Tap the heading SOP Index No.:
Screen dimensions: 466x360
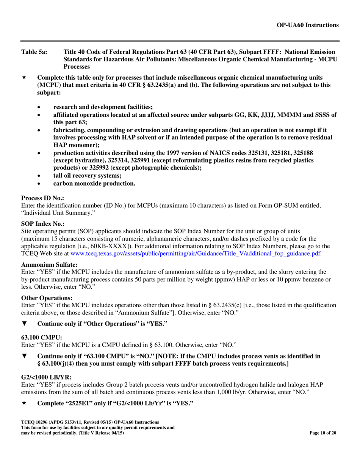point(43,224)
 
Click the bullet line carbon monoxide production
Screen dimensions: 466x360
point(94,183)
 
